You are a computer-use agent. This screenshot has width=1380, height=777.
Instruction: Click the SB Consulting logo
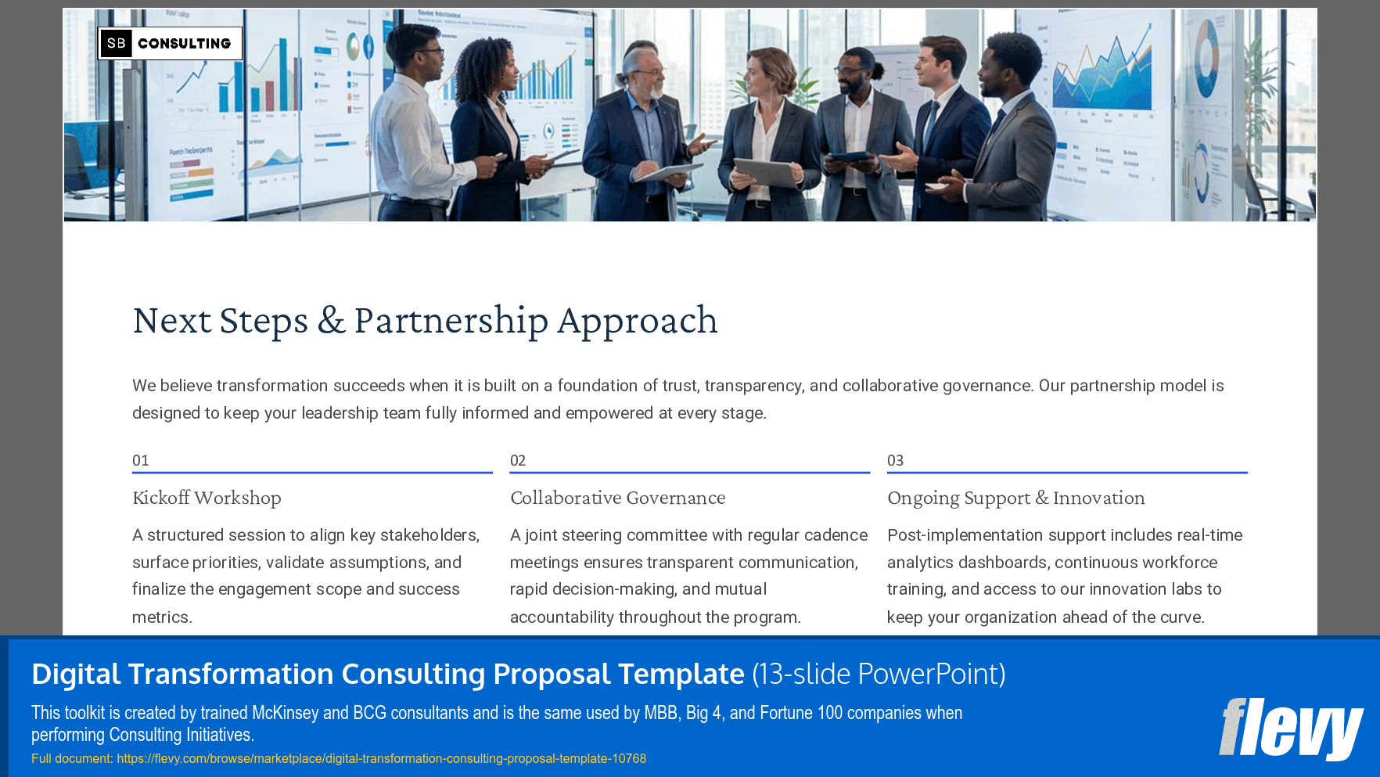tap(170, 43)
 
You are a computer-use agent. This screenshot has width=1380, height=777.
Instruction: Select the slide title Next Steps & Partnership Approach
tap(425, 320)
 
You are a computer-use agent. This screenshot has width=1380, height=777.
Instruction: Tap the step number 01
tap(141, 461)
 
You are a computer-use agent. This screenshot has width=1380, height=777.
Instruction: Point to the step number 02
tap(518, 461)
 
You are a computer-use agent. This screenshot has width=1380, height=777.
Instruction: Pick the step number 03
tap(895, 461)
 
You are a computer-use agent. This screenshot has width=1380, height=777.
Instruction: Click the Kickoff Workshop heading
tap(207, 498)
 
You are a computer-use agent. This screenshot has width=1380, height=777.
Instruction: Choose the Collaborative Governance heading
tap(617, 498)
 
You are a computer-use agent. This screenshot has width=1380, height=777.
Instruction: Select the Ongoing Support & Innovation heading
tap(1015, 498)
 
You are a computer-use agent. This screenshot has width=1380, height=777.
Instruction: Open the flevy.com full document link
tap(381, 758)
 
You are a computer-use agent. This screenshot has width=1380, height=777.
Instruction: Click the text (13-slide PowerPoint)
tap(879, 674)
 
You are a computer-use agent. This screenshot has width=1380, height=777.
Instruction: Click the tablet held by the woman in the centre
tap(766, 171)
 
